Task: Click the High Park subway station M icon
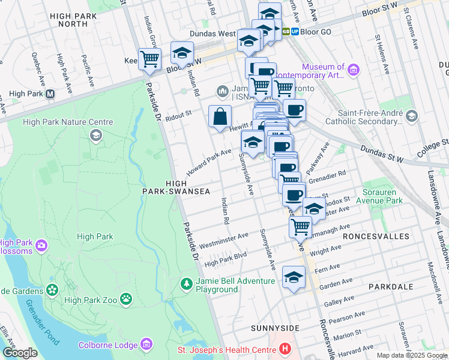point(50,94)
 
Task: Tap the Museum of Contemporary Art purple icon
point(353,71)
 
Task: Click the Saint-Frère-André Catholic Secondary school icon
point(411,116)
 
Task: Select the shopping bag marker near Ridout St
point(220,116)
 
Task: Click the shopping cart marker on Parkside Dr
point(149,59)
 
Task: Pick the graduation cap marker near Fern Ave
point(293,277)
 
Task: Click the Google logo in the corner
point(20,353)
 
